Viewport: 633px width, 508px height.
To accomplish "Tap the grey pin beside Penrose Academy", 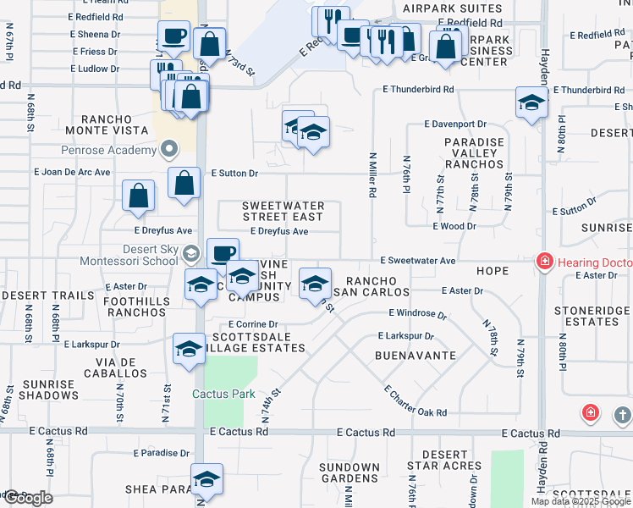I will [x=169, y=150].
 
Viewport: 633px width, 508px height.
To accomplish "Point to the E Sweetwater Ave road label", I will [x=418, y=260].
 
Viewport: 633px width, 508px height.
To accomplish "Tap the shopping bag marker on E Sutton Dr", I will [x=184, y=183].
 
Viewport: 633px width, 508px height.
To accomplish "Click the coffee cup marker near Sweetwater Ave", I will [x=223, y=253].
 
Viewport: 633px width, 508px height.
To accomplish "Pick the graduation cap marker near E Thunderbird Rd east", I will [x=531, y=103].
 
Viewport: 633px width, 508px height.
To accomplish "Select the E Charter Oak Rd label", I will [x=415, y=400].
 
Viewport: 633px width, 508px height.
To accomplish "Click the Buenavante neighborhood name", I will [x=416, y=356].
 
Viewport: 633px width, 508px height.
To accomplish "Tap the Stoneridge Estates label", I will [x=592, y=316].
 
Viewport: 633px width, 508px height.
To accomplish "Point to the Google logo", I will [x=27, y=497].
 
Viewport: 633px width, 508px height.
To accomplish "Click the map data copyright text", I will [x=581, y=501].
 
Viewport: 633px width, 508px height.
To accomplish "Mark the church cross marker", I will [x=623, y=415].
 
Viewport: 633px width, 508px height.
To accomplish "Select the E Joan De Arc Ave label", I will [x=72, y=172].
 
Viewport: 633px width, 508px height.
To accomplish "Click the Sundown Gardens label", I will [x=350, y=472].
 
